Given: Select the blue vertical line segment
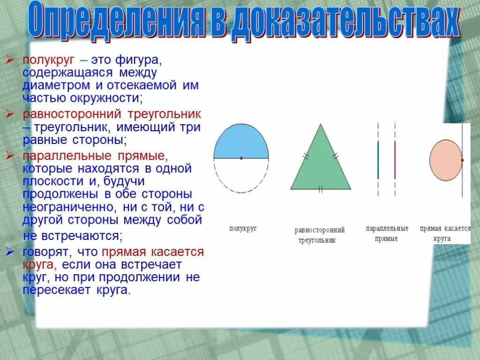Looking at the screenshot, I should (378, 160).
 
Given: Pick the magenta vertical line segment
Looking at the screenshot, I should (395, 160).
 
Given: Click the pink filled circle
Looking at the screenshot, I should (445, 160).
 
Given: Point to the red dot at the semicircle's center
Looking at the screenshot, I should (241, 158).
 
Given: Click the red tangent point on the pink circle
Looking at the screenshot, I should (462, 160).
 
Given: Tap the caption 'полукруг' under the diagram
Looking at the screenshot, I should (243, 229).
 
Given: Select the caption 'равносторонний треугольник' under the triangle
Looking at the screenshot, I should (320, 235).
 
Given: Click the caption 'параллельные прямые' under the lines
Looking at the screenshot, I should (387, 233).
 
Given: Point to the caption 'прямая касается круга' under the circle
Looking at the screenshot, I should (445, 233).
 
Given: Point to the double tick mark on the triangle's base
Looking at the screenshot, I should (321, 189).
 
